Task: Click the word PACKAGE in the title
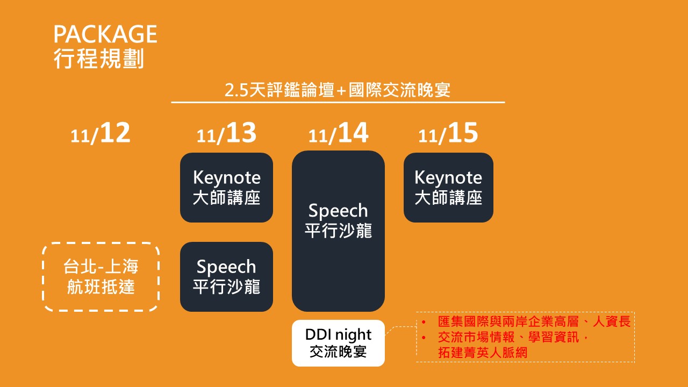pyautogui.click(x=105, y=34)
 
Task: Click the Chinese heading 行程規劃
pyautogui.click(x=99, y=59)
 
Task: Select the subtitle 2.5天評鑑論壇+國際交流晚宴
pyautogui.click(x=338, y=90)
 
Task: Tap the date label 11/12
pyautogui.click(x=101, y=133)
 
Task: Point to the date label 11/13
pyautogui.click(x=226, y=133)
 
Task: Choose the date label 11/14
pyautogui.click(x=338, y=133)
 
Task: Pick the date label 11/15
pyautogui.click(x=448, y=133)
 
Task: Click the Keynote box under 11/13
pyautogui.click(x=226, y=188)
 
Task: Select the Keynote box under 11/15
pyautogui.click(x=448, y=188)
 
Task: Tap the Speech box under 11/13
pyautogui.click(x=226, y=277)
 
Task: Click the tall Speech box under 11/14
pyautogui.click(x=338, y=231)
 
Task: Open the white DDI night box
pyautogui.click(x=338, y=343)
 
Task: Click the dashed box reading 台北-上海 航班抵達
pyautogui.click(x=101, y=277)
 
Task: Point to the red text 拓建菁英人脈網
pyautogui.click(x=483, y=353)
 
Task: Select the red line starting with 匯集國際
pyautogui.click(x=534, y=321)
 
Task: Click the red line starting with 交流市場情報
pyautogui.click(x=513, y=337)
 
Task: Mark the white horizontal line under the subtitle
pyautogui.click(x=338, y=102)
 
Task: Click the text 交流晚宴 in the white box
pyautogui.click(x=338, y=352)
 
